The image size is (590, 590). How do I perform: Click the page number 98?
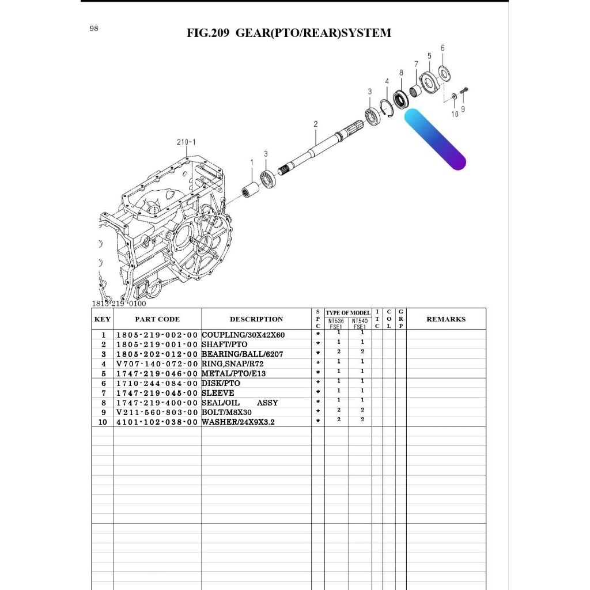coord(94,29)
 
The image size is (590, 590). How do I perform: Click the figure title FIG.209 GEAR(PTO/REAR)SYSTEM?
coord(289,33)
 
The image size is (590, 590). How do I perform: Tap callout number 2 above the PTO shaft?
coord(315,124)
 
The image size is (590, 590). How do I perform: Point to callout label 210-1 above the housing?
coord(186,142)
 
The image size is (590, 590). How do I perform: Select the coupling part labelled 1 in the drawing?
coord(251,188)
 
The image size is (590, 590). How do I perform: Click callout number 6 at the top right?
coord(442,48)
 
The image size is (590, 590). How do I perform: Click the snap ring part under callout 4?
coord(388,108)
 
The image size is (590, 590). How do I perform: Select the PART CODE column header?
coord(157,319)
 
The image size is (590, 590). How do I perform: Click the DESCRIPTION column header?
coord(256,319)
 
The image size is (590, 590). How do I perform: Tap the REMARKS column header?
coord(445,319)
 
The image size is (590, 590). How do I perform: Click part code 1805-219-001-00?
coord(157,345)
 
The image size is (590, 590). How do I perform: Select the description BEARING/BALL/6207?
coord(242,354)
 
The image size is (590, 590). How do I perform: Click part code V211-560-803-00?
coord(157,413)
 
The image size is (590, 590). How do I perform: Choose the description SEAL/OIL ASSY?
coord(240,403)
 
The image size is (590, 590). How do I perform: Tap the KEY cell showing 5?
coord(103,374)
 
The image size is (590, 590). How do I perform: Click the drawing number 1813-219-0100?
coord(119,304)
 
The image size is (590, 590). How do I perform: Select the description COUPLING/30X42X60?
coord(243,335)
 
